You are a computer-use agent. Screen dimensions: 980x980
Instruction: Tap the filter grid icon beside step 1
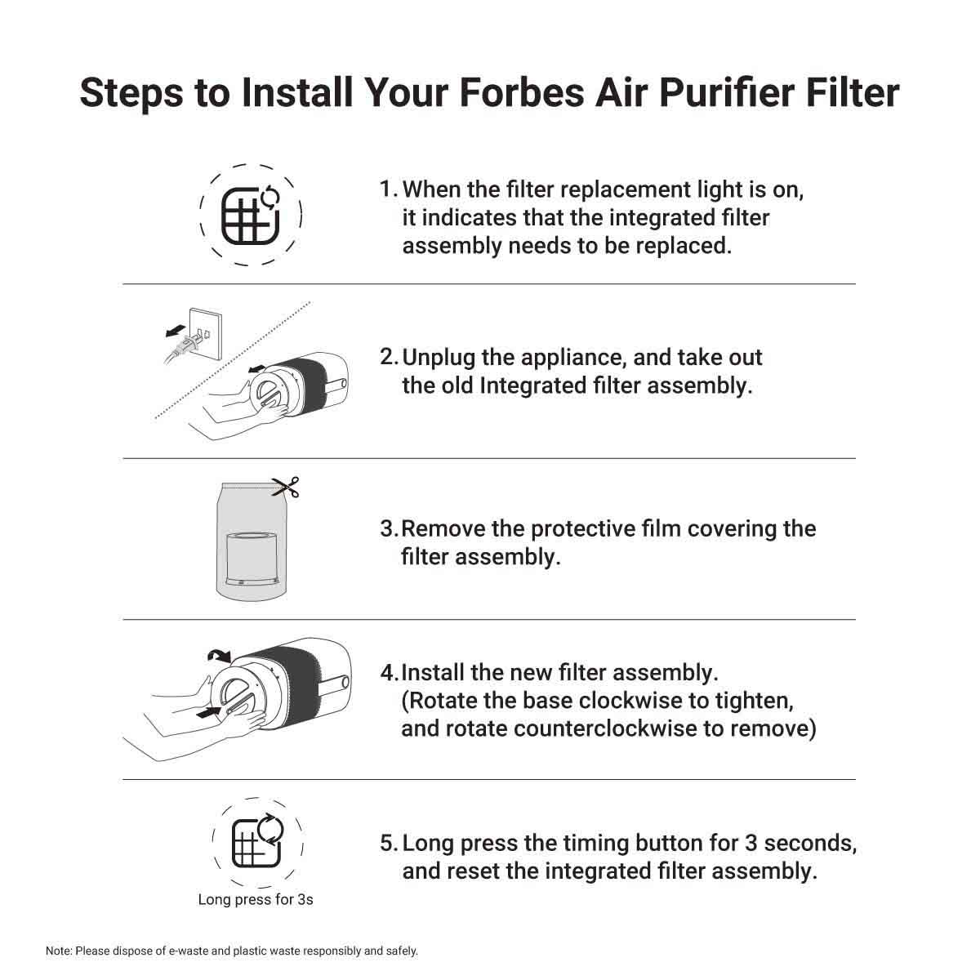coord(251,216)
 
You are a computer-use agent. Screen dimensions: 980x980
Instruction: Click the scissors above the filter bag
coord(286,487)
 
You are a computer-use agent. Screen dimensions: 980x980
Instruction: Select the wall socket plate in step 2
coord(206,332)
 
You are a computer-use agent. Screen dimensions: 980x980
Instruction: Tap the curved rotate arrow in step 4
coord(219,656)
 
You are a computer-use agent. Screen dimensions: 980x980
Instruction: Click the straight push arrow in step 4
coord(209,712)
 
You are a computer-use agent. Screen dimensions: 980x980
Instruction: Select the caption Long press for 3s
coord(256,899)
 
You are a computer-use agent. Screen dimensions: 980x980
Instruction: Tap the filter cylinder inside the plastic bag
coord(252,559)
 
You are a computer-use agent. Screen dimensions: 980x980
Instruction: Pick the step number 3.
coord(390,529)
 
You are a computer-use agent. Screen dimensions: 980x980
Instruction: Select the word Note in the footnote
coord(59,951)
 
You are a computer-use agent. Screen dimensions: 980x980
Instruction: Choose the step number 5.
coord(389,843)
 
